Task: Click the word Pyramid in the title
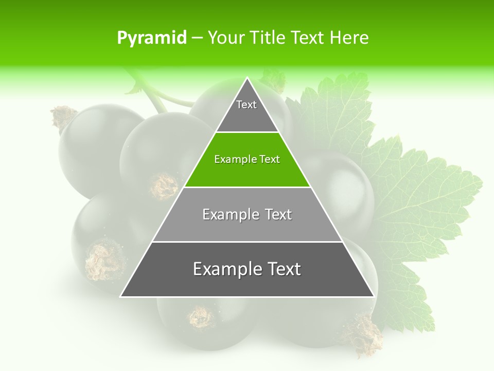[x=151, y=38]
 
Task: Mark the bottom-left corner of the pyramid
[x=121, y=296]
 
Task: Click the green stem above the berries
[x=152, y=93]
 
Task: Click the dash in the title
[x=197, y=38]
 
